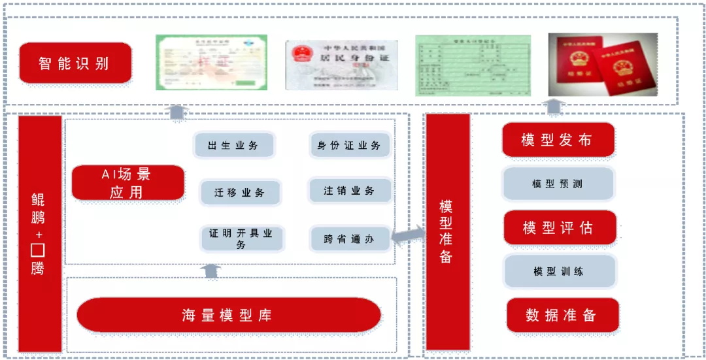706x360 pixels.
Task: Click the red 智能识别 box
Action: (x=75, y=63)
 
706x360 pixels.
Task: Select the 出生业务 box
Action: (x=234, y=145)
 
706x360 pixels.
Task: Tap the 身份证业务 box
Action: (x=349, y=145)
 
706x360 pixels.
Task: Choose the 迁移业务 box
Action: (x=240, y=193)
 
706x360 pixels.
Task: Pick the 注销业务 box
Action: (x=350, y=191)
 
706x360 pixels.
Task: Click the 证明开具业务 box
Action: (x=241, y=238)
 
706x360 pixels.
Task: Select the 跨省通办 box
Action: (x=350, y=239)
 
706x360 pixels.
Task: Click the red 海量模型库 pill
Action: (x=228, y=316)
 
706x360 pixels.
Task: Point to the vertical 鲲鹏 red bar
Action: (x=39, y=233)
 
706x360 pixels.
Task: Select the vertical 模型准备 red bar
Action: (x=448, y=231)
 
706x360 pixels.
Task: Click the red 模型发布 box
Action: (x=558, y=140)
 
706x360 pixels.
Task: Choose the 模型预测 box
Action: (x=558, y=184)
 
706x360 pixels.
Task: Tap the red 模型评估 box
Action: (x=559, y=227)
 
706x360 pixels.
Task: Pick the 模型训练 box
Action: (x=559, y=271)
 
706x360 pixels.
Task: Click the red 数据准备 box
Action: (x=562, y=316)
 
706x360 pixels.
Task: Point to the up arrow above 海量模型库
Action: (x=210, y=270)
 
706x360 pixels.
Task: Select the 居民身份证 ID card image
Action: (x=341, y=65)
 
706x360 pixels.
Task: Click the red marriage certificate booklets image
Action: (x=602, y=64)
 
